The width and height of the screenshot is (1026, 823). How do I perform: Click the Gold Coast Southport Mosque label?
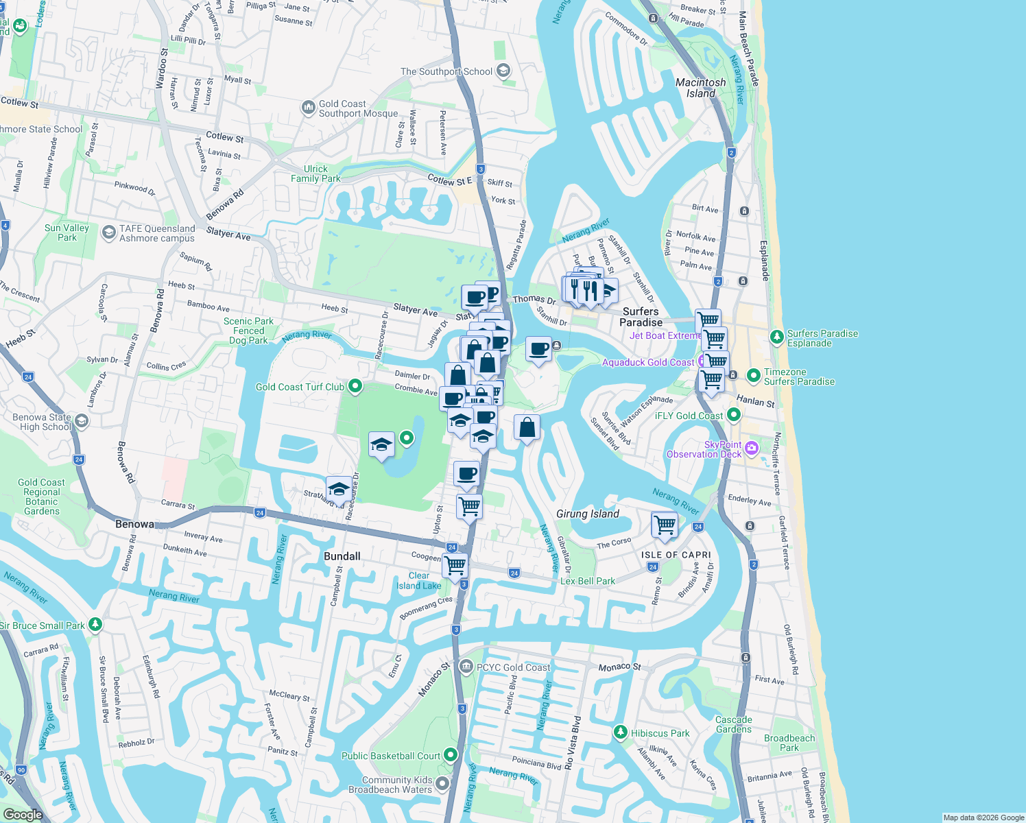click(x=358, y=108)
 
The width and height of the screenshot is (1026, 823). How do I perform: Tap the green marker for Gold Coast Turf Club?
click(x=355, y=386)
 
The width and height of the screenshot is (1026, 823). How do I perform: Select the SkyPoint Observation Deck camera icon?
click(x=752, y=448)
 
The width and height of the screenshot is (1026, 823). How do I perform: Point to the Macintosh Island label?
click(x=700, y=88)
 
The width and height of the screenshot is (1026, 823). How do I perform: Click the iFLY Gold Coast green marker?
click(x=734, y=414)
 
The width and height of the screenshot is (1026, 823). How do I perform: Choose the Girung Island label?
click(x=588, y=514)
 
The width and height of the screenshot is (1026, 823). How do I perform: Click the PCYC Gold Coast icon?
click(x=466, y=666)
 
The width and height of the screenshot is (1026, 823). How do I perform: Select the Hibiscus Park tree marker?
click(x=621, y=732)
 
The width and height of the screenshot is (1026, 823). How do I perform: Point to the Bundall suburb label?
click(x=342, y=556)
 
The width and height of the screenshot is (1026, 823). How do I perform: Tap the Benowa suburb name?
click(x=134, y=524)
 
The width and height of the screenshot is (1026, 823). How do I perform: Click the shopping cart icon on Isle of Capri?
click(x=665, y=525)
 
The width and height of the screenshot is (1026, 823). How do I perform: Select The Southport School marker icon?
click(x=503, y=71)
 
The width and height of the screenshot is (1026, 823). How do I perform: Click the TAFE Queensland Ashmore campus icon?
click(x=108, y=232)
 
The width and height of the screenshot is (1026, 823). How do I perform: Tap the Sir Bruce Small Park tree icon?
click(x=95, y=624)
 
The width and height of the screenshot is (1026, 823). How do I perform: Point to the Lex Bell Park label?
click(x=588, y=581)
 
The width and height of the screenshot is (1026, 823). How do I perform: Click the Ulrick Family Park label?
click(x=315, y=174)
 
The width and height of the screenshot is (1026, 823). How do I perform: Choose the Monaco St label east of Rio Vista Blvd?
click(x=619, y=667)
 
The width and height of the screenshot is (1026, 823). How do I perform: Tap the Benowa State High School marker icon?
click(x=82, y=420)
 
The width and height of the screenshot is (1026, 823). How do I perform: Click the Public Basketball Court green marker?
click(x=451, y=755)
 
